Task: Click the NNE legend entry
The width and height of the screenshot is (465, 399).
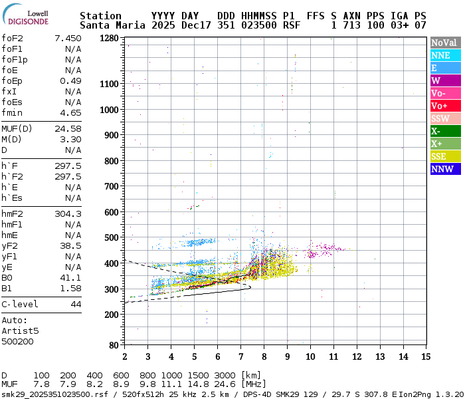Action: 445,56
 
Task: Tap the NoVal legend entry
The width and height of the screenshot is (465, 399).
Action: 445,43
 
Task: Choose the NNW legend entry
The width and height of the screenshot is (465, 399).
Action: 445,169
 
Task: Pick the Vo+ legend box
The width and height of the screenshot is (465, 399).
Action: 445,106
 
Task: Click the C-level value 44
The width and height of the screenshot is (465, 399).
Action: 76,304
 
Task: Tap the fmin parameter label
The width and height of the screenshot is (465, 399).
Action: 12,112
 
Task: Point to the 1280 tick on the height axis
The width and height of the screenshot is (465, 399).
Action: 108,38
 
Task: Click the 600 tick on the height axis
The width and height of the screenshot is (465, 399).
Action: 111,212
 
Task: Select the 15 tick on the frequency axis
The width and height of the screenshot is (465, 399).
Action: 425,356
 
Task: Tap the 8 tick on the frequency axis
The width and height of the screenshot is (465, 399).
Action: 264,356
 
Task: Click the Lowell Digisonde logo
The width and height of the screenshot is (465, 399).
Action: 27,17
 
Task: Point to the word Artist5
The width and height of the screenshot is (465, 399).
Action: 20,331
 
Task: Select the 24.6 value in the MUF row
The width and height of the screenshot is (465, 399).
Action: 221,384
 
